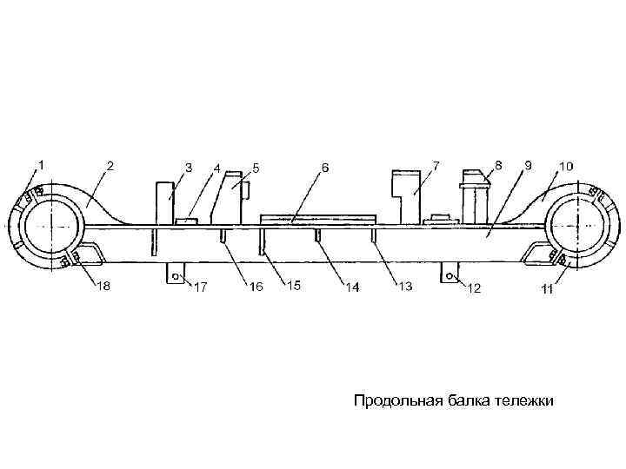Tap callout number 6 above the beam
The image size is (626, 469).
pos(325,165)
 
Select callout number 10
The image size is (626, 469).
pos(566,164)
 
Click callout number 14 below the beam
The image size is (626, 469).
pos(351,287)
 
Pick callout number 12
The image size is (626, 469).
pos(475,287)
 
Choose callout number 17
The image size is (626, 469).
pos(199,287)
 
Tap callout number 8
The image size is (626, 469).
pos(498,163)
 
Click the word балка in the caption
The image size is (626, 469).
pos(469,400)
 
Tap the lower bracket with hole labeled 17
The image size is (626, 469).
pos(175,274)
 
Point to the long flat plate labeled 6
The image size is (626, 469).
pos(318,218)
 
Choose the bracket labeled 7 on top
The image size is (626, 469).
pos(404,195)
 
